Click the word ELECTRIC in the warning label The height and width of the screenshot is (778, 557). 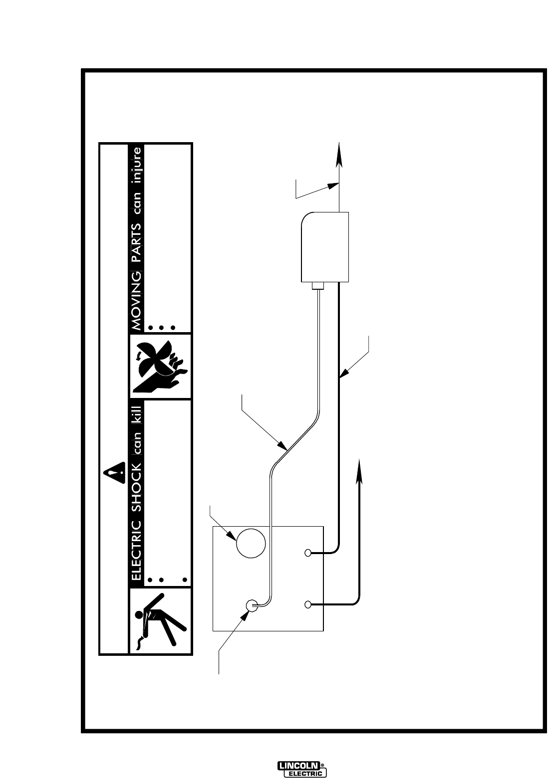[x=136, y=551]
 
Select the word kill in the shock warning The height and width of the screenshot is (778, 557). [x=136, y=415]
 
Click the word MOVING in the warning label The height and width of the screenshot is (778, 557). [x=136, y=299]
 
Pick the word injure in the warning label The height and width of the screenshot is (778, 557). [x=136, y=163]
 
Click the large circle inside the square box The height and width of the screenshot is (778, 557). [x=251, y=543]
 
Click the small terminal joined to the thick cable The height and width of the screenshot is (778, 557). [x=308, y=553]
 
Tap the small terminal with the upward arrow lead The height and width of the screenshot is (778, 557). [x=308, y=604]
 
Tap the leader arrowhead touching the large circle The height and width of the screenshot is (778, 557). [x=233, y=537]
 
